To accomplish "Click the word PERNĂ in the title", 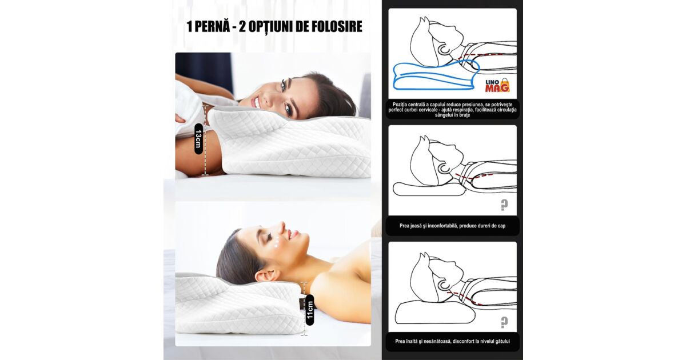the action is click(x=212, y=26).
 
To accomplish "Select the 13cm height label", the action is click(x=198, y=139).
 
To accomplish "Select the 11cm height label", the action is click(x=310, y=310).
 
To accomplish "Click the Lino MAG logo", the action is click(x=497, y=85).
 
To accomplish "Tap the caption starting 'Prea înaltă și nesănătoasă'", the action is click(x=452, y=341).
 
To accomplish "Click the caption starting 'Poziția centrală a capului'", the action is click(x=452, y=110).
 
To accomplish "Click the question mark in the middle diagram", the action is click(x=504, y=205).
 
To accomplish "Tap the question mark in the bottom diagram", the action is click(x=504, y=322).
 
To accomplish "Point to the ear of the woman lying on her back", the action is click(x=265, y=275).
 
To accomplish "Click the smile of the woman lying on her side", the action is click(x=256, y=103).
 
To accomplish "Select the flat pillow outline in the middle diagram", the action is click(x=429, y=189).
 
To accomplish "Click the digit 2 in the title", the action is click(x=242, y=26).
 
